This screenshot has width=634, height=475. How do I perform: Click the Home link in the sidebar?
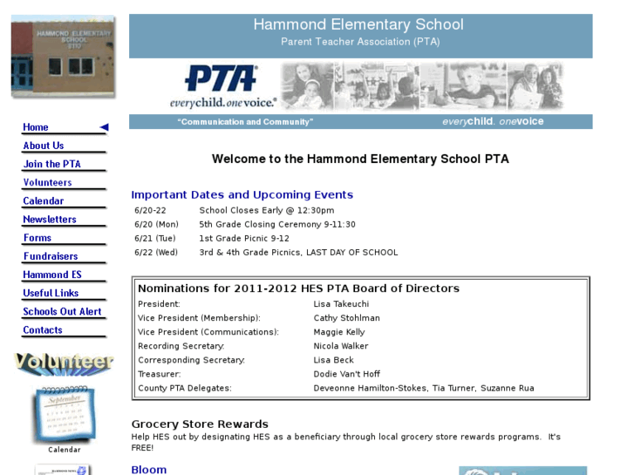coord(37,127)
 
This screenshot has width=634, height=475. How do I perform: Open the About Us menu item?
coord(44,146)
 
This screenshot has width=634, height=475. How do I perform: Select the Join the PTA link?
coord(51,164)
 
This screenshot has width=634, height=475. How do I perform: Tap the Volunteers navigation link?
coord(47,183)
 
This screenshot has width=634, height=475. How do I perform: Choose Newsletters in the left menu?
coord(50,220)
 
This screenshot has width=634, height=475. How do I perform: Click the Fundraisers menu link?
coord(51,256)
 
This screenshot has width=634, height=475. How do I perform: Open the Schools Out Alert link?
coord(62,312)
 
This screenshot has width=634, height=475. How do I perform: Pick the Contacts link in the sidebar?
coord(43,330)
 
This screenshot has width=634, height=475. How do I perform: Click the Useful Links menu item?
coord(51,294)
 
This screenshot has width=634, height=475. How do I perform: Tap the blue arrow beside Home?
coord(104,127)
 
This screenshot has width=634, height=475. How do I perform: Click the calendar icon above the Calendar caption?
coord(64,414)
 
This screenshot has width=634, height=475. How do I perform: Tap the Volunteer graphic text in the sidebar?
coord(64,362)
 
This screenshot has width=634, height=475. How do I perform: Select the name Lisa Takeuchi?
coord(341,304)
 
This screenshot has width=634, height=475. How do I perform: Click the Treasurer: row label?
coord(160,374)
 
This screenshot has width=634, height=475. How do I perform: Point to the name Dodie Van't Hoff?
coord(347,374)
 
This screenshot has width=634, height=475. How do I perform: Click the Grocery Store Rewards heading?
coord(200,424)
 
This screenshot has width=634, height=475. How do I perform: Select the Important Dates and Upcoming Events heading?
coord(242,194)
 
